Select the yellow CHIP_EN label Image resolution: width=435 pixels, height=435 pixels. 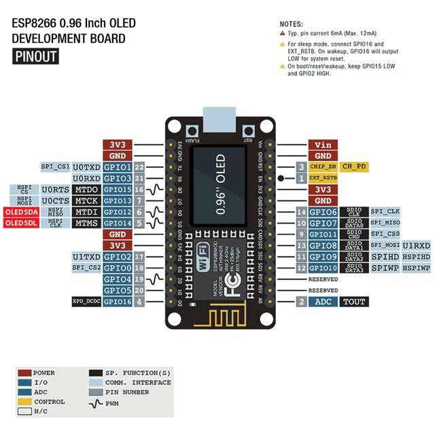pos(322,167)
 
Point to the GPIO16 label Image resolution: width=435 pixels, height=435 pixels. pos(118,301)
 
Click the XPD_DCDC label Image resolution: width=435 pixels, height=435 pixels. pos(86,301)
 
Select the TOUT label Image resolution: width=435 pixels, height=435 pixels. pos(353,302)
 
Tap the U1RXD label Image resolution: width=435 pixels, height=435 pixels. pos(416,245)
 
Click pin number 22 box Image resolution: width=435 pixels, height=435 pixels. pos(139,167)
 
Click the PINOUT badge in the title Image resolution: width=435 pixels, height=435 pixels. pos(35,56)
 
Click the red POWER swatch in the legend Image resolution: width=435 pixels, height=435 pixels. pos(24,373)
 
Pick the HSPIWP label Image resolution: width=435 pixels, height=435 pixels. pos(416,268)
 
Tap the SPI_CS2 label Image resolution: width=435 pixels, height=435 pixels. pos(86,268)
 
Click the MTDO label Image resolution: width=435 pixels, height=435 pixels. pos(86,190)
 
